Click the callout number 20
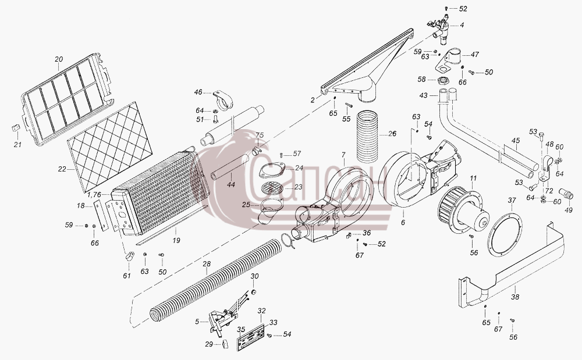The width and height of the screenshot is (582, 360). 59,59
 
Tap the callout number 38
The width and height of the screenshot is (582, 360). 515,297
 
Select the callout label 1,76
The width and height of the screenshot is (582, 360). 94,194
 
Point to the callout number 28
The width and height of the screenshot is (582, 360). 207,264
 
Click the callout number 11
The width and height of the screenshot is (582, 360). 473,179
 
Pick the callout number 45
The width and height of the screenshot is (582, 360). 516,141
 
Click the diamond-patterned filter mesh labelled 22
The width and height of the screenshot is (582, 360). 110,147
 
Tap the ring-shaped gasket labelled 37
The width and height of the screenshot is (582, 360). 505,234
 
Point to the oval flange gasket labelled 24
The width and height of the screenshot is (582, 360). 271,172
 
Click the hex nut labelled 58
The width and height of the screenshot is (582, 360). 442,80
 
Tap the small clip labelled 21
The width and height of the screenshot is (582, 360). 15,128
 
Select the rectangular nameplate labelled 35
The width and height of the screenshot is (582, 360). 250,337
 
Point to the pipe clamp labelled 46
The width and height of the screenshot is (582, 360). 223,101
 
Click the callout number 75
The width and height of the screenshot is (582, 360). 260,135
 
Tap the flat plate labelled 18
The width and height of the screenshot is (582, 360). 101,216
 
